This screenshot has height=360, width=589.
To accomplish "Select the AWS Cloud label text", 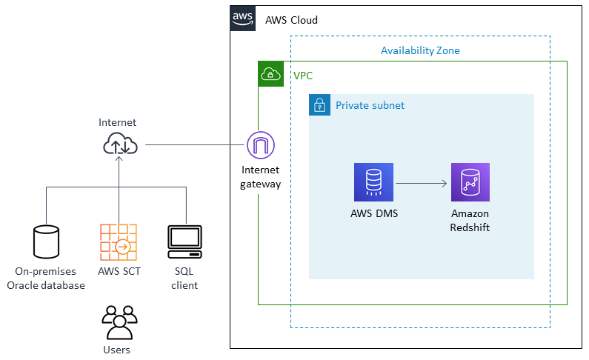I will (291, 20).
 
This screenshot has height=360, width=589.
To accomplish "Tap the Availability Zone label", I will (420, 50).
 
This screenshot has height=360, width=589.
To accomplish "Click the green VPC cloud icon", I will (270, 74).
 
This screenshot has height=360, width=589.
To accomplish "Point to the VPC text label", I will (303, 76).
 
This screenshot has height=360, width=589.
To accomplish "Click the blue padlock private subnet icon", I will (319, 105).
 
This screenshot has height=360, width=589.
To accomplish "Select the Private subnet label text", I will (370, 105).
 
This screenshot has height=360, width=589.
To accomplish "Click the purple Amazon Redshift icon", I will (470, 182).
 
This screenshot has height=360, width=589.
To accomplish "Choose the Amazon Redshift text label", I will (470, 220).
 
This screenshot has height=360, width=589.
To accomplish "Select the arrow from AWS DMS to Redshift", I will (422, 183).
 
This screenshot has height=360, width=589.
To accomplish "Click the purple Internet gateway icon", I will (260, 145).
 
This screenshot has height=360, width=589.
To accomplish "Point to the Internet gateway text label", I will (260, 177).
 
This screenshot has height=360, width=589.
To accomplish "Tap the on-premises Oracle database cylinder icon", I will (46, 240).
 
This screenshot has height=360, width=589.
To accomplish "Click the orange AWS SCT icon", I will (119, 240).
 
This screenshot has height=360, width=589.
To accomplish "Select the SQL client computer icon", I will (184, 240).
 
